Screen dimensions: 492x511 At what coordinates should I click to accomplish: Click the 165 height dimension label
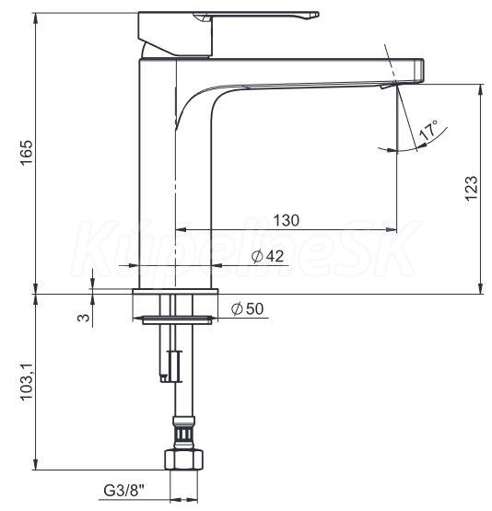click(27, 153)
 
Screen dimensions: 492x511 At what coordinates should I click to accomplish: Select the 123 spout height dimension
click(472, 188)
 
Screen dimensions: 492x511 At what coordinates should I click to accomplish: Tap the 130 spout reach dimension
click(287, 220)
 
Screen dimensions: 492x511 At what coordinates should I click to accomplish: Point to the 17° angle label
click(428, 130)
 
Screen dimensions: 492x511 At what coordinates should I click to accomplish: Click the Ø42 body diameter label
click(268, 256)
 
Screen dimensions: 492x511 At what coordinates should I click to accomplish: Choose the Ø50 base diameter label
click(248, 308)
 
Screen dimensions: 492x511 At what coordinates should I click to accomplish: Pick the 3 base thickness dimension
click(84, 317)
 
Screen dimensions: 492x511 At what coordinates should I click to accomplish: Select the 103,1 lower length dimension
click(27, 381)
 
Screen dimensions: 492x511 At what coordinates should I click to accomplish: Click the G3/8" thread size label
click(124, 491)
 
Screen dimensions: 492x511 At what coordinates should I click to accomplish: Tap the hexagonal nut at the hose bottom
click(184, 459)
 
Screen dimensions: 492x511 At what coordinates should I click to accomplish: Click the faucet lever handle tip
click(316, 15)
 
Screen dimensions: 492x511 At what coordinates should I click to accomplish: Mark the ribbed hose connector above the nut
click(184, 433)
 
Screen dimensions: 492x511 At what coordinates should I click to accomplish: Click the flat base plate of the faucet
click(175, 291)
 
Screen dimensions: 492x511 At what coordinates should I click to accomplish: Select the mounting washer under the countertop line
click(177, 320)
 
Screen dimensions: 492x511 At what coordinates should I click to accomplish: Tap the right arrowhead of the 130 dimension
click(392, 230)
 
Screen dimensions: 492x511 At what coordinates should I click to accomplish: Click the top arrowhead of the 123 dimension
click(480, 90)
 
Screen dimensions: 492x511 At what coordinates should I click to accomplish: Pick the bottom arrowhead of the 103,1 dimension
click(36, 464)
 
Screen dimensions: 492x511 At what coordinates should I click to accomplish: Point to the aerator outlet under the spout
click(388, 86)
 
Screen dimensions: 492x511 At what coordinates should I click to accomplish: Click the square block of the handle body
click(175, 33)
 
